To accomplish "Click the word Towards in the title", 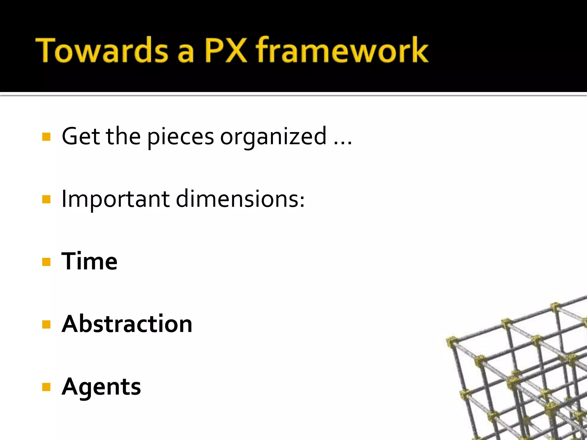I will click(102, 50).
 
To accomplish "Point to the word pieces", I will click(181, 137).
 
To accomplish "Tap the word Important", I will click(116, 199).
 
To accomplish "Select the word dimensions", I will click(240, 199).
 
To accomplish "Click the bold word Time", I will click(89, 261).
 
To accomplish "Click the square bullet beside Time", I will click(46, 262).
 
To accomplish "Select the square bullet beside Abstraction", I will click(46, 325).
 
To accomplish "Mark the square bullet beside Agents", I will click(46, 387).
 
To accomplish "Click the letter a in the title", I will click(186, 53).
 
